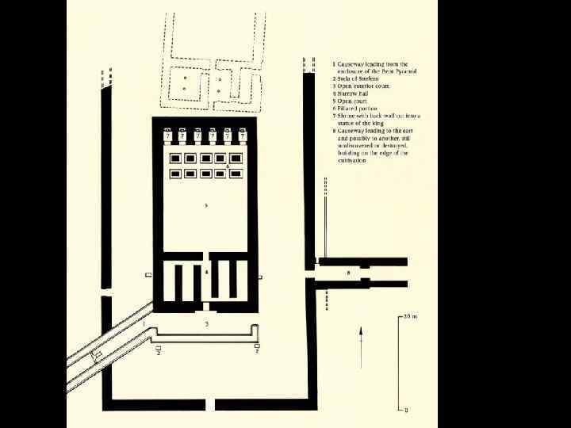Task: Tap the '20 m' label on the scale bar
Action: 408,316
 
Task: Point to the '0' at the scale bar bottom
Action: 407,411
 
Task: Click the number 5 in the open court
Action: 205,205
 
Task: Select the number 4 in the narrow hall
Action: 207,273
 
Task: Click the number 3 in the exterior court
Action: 206,324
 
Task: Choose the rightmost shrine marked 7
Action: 242,136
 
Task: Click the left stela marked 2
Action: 159,350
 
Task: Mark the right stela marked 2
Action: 257,350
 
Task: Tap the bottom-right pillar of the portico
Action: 236,174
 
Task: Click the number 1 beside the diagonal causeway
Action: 144,323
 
